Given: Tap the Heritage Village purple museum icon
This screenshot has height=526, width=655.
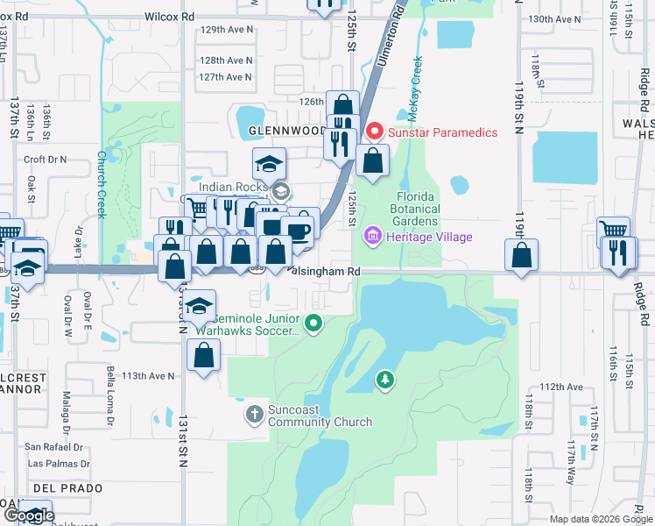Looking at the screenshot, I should pyautogui.click(x=374, y=237).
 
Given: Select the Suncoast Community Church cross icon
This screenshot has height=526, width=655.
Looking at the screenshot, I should pyautogui.click(x=255, y=413).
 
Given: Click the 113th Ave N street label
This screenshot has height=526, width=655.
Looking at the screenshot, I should pyautogui.click(x=148, y=375).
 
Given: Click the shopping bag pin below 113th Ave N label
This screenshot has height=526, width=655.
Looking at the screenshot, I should pyautogui.click(x=203, y=355).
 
